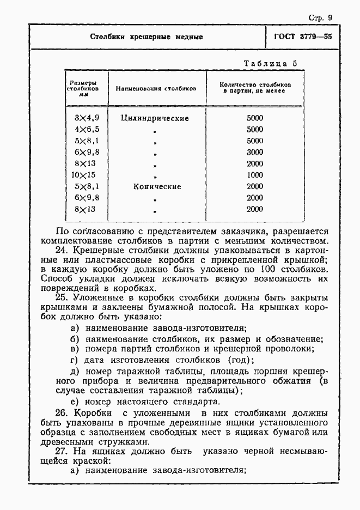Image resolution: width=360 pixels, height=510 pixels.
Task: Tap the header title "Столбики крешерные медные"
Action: (x=147, y=37)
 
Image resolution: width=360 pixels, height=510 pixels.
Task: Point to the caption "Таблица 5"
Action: (x=270, y=63)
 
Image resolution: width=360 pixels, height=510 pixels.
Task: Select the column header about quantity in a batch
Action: (x=255, y=88)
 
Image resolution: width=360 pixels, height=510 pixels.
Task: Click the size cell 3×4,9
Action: (x=86, y=118)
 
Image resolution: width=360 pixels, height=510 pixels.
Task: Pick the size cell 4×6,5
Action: (x=86, y=130)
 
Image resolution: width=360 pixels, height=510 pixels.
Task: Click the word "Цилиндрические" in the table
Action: (x=155, y=118)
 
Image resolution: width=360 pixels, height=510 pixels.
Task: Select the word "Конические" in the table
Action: (x=157, y=186)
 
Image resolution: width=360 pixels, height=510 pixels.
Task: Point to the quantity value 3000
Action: (x=254, y=152)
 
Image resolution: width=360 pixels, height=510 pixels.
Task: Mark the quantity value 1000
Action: (x=254, y=175)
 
